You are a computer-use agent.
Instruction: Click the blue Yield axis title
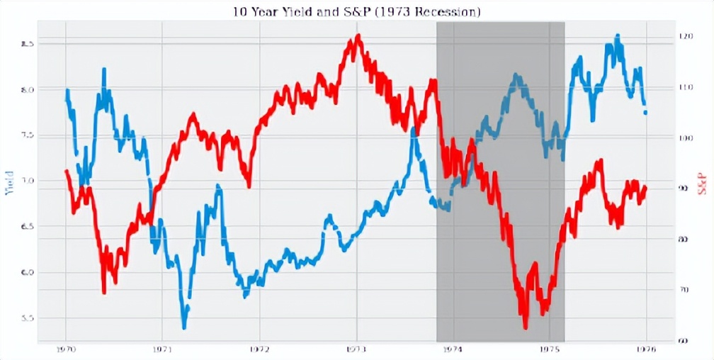click(x=9, y=182)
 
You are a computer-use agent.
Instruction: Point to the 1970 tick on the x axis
click(x=65, y=349)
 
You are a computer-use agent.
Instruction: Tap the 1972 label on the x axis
click(x=259, y=349)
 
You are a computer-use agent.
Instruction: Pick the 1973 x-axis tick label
click(x=356, y=349)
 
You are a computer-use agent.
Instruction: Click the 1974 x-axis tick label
click(x=453, y=349)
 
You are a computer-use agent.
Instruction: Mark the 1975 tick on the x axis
click(x=550, y=349)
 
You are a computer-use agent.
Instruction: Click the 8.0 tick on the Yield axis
click(x=28, y=90)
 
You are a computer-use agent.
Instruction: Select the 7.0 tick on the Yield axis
click(x=28, y=181)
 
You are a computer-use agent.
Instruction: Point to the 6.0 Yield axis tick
click(x=28, y=273)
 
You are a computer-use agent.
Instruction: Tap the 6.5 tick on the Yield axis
click(x=28, y=227)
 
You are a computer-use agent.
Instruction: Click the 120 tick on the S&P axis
click(x=684, y=36)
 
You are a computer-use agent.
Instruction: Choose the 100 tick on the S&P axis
click(x=684, y=137)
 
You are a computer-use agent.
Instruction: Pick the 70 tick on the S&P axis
click(x=684, y=290)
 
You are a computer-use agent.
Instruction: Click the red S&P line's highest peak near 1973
click(x=358, y=35)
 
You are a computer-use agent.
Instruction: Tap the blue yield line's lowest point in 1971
click(x=184, y=327)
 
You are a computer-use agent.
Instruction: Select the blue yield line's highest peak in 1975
click(x=617, y=35)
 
